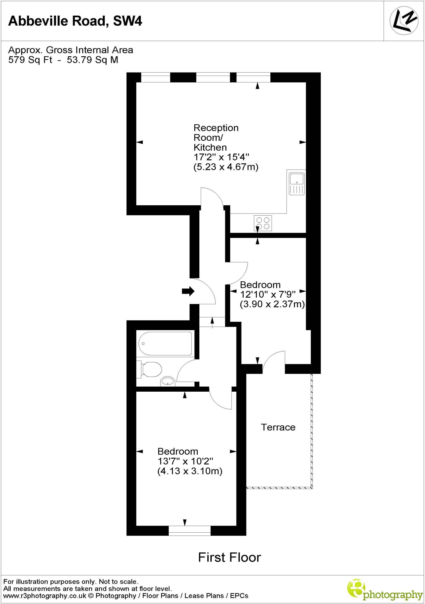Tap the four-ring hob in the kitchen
click(x=263, y=223)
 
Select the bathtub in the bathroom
click(x=166, y=344)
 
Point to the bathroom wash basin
click(x=168, y=382)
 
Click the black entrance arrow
click(x=188, y=291)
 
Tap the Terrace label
click(x=278, y=427)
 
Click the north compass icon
click(x=404, y=21)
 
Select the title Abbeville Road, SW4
click(x=75, y=21)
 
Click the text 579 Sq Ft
click(x=30, y=60)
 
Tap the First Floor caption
click(x=229, y=557)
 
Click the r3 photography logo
click(x=385, y=590)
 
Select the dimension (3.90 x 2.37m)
click(x=272, y=304)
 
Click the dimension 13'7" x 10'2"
click(x=185, y=461)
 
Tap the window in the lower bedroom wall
click(x=190, y=531)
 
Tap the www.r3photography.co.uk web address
click(x=45, y=596)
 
